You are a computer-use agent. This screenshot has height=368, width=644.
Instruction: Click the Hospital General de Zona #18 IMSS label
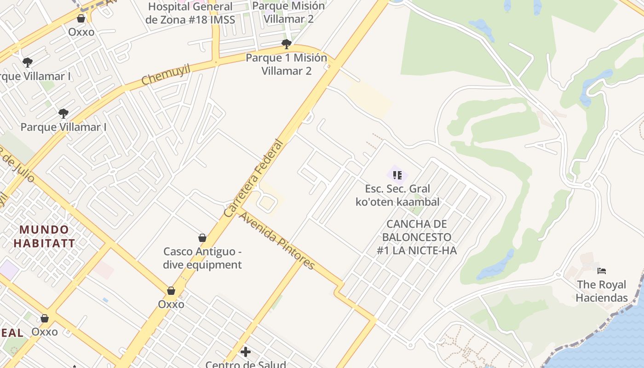pos(190,13)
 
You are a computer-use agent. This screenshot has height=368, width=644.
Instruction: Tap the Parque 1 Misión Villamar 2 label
pos(287,64)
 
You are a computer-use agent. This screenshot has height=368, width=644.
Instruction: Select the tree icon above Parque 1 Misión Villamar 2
pos(287,44)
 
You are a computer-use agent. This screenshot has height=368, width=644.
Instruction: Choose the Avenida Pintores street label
pos(277,241)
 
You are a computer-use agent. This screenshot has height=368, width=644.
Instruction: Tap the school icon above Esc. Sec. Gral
pos(397,175)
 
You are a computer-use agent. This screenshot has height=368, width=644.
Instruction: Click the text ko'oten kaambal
pos(397,201)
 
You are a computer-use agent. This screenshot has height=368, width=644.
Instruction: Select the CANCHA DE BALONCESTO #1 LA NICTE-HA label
pos(416,237)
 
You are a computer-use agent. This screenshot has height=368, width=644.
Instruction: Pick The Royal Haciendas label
pos(602,291)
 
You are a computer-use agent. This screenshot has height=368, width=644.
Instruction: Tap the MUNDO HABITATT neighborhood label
pos(44,236)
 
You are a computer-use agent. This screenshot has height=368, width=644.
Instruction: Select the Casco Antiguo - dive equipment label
pos(202,258)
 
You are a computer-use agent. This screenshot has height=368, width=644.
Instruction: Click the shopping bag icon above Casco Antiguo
pos(202,238)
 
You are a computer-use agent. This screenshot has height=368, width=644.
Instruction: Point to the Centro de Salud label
pos(246,364)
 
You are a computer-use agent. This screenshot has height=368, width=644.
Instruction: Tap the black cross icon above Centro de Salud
pos(246,352)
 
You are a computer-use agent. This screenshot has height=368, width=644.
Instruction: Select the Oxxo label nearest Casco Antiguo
pos(171,304)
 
